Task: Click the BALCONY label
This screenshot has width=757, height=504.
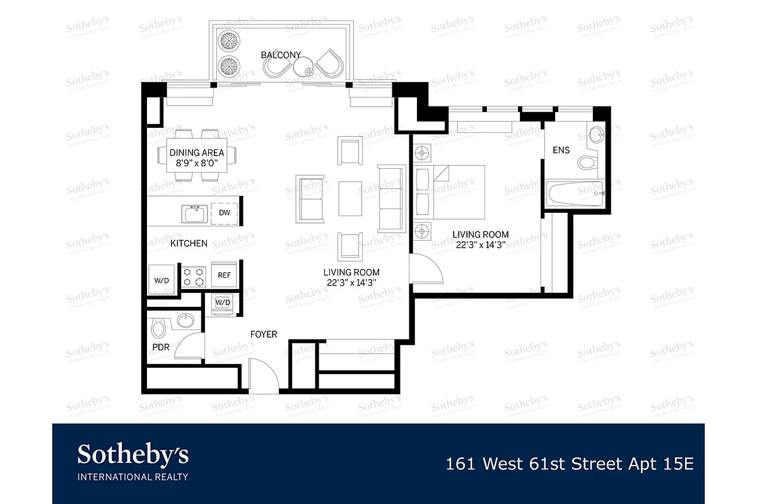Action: (x=281, y=55)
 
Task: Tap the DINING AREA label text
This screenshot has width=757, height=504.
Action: (x=197, y=152)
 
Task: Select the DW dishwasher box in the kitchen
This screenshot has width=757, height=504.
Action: (x=225, y=213)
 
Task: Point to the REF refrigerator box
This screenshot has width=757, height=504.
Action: (x=225, y=275)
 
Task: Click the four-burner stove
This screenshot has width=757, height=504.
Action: (x=194, y=275)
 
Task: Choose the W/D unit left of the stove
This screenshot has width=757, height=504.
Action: (x=161, y=277)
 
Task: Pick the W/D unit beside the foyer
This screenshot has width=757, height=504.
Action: (x=223, y=302)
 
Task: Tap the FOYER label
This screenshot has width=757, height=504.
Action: (x=263, y=335)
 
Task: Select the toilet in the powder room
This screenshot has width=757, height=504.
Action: (x=158, y=327)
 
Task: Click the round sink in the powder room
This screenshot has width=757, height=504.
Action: (x=185, y=321)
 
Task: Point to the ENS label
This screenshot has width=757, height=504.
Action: (x=561, y=151)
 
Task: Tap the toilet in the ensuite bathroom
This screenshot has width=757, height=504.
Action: (x=588, y=163)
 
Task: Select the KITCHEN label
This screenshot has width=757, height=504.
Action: (x=189, y=243)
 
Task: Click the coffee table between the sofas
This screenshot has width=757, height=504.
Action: (x=350, y=198)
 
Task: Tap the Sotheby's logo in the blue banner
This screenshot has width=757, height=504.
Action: (x=132, y=461)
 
